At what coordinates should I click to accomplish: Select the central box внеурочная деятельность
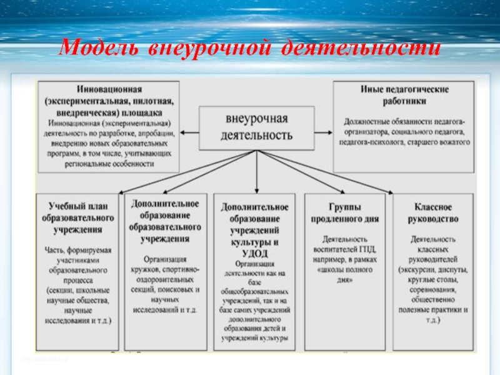[x=257, y=127]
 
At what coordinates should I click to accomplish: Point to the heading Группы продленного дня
[x=340, y=214]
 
